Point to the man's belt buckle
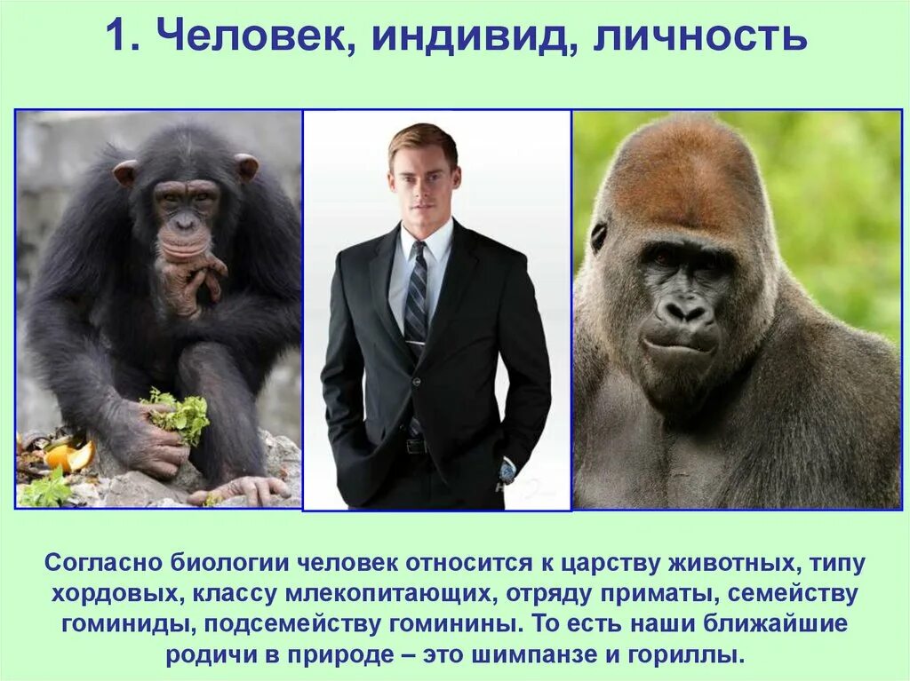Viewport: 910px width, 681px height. coord(415,446)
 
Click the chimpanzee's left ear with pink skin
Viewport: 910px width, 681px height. coord(125,172)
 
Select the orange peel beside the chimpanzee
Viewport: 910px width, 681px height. coord(69,456)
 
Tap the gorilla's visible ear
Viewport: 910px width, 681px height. coord(599,236)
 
